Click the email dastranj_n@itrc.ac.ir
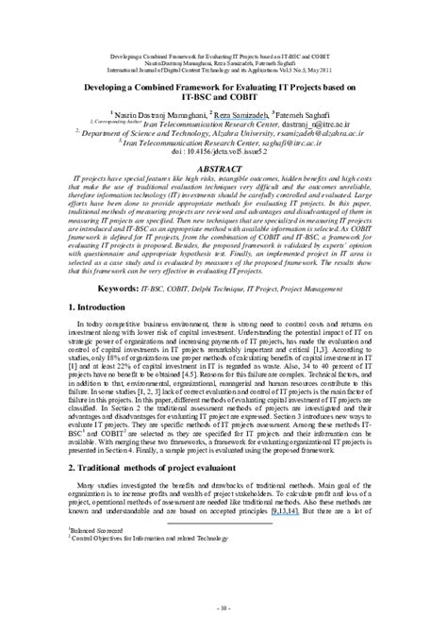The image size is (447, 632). (x=317, y=124)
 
